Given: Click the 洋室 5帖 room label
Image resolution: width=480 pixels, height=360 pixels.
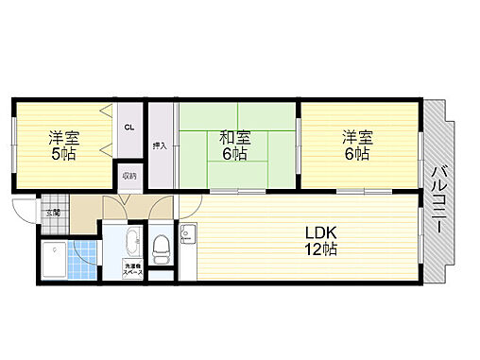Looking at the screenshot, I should click(x=64, y=145).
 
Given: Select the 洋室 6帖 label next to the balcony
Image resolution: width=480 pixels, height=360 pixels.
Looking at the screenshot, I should click(x=357, y=145).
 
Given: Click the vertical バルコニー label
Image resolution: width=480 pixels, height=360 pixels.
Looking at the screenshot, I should click(x=439, y=202).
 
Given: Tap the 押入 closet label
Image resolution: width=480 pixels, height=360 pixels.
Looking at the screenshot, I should click(x=161, y=145).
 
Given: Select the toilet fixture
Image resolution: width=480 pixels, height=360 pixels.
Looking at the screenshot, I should click(x=161, y=247).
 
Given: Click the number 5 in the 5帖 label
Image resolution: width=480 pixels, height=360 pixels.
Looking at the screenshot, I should click(x=56, y=153).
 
